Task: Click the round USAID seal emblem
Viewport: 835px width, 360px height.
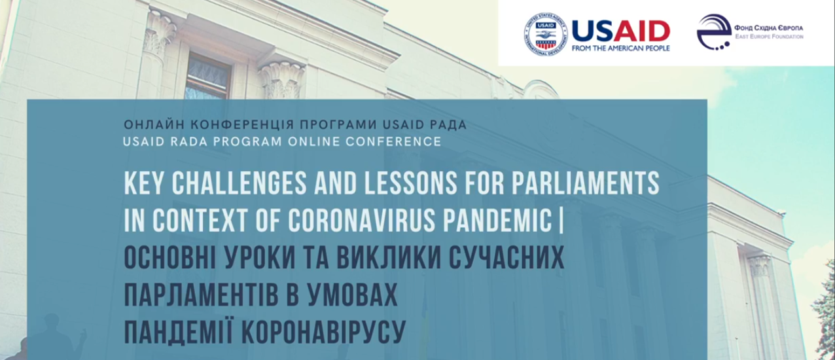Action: point(546,34)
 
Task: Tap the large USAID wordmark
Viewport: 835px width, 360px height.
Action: point(621,31)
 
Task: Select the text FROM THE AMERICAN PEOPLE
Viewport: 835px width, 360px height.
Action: point(620,48)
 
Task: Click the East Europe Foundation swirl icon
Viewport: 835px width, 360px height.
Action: point(714,31)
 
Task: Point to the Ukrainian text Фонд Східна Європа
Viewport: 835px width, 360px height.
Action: point(769,28)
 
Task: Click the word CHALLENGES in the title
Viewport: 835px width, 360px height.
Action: point(239,183)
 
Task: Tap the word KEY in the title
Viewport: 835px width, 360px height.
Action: point(144,183)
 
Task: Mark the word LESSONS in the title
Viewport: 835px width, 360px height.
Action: point(410,183)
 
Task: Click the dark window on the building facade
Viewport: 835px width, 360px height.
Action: point(207,77)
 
